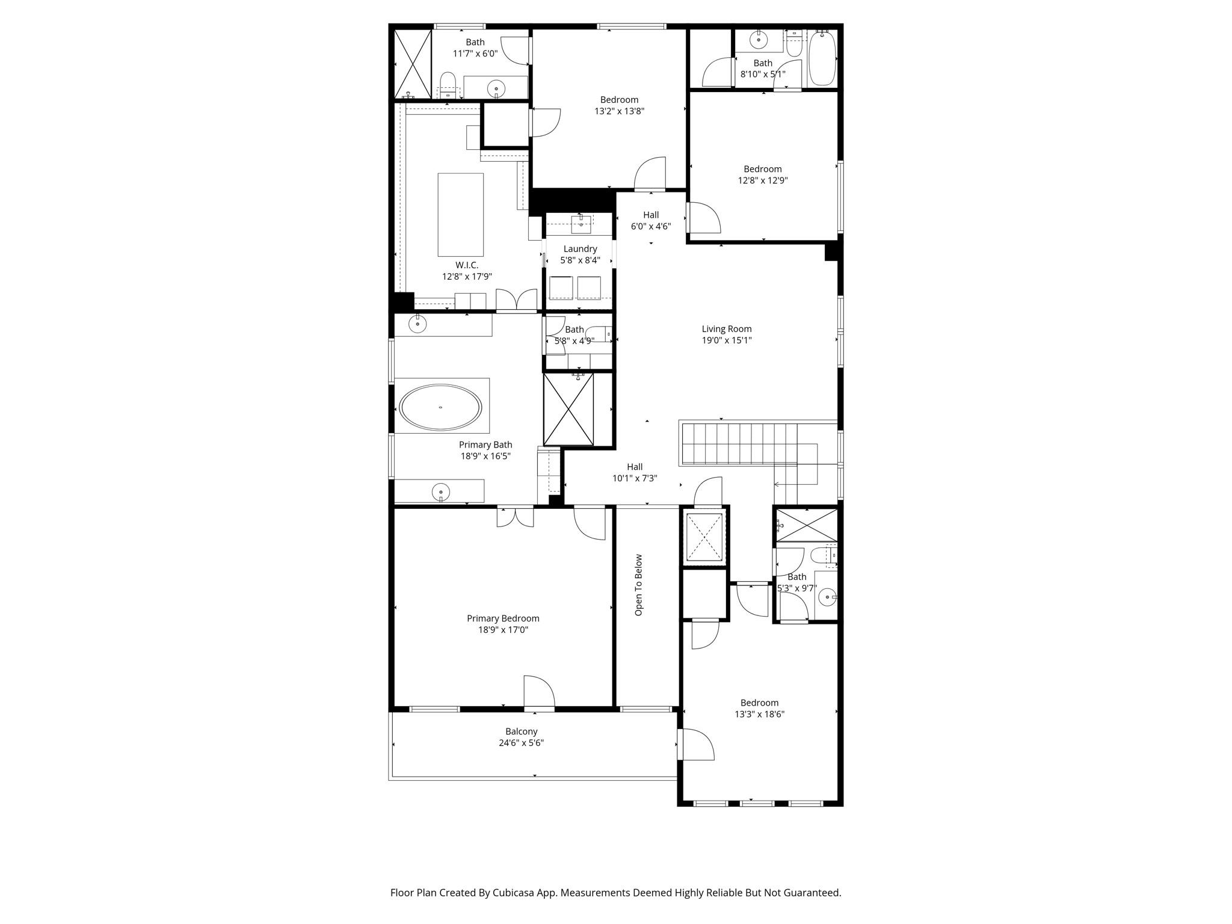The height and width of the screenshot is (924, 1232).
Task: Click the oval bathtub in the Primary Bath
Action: pos(441,407)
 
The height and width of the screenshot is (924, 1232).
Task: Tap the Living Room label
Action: pos(727,329)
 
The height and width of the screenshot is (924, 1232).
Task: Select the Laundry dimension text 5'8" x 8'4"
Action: pos(580,260)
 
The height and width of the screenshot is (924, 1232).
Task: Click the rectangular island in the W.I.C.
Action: pos(460,215)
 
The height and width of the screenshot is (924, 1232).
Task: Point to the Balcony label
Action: pos(521,731)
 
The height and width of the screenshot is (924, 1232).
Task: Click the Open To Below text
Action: pos(639,585)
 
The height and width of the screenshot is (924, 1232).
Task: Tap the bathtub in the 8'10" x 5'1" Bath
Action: pos(822,59)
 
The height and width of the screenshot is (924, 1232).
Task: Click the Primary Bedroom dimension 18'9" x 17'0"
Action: pos(503,630)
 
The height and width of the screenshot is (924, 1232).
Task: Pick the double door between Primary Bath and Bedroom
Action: pos(515,517)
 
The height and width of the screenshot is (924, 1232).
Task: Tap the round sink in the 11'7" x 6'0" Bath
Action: pos(496,88)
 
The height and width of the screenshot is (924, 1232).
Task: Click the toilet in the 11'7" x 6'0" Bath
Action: pos(447,84)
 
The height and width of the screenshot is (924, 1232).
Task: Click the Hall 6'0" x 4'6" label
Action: pos(650,220)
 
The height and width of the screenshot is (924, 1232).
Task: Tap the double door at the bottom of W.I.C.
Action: pos(516,300)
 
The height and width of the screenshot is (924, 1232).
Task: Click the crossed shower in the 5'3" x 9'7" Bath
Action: pos(806,525)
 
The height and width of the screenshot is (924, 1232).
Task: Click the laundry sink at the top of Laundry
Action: pos(581,224)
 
